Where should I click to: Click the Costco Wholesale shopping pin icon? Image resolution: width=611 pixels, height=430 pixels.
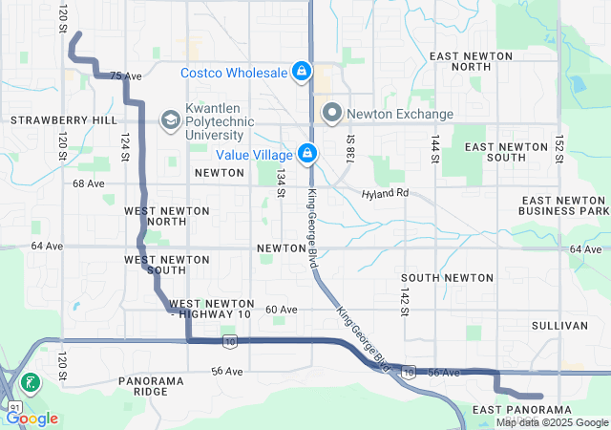click(x=301, y=72)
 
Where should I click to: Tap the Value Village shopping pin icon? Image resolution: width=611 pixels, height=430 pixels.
click(x=307, y=153)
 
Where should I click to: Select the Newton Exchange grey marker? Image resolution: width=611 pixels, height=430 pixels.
click(x=332, y=114)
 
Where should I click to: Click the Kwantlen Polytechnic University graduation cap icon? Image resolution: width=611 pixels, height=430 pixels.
click(x=170, y=120)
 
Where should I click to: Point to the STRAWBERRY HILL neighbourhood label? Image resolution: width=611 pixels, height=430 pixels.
click(x=50, y=120)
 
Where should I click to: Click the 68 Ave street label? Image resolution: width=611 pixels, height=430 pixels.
click(x=88, y=183)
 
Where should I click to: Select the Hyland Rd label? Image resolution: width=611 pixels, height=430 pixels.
click(x=385, y=193)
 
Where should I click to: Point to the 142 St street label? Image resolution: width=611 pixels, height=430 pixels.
click(x=405, y=301)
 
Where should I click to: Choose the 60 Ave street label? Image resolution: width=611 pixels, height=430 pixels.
click(x=282, y=310)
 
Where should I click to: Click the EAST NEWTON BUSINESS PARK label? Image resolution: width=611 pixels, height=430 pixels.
click(x=564, y=204)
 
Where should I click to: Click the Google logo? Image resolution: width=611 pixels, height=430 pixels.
click(x=32, y=418)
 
